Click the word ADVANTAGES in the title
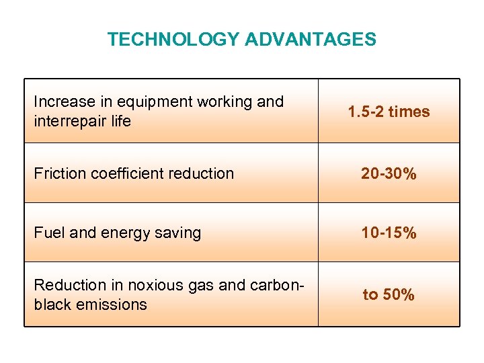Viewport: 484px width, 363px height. click(x=310, y=40)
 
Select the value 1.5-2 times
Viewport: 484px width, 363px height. click(x=389, y=112)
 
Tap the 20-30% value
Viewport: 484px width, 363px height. click(x=389, y=173)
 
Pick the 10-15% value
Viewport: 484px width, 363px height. click(x=389, y=233)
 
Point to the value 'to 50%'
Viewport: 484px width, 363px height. click(x=389, y=294)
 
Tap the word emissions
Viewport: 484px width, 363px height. click(x=112, y=305)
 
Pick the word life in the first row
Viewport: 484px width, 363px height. click(x=122, y=122)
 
